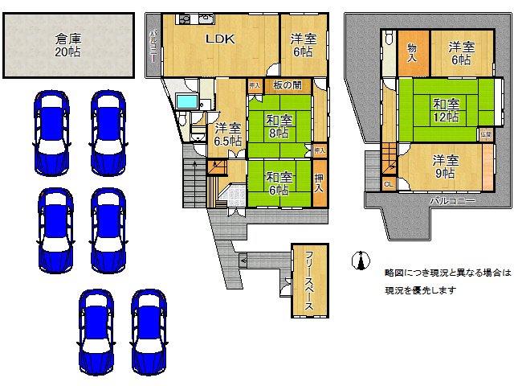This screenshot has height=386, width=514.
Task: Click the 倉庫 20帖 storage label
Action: [69, 45]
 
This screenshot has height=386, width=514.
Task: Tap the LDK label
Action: [220, 38]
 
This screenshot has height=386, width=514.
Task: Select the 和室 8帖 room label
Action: [279, 127]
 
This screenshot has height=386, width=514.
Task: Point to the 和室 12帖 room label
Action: [446, 109]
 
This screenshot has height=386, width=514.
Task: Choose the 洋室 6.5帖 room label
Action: [227, 133]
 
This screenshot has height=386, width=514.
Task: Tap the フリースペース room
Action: [309, 280]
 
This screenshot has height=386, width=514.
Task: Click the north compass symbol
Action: [359, 260]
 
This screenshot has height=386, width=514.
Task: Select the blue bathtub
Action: [188, 101]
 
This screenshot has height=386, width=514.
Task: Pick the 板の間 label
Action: [287, 85]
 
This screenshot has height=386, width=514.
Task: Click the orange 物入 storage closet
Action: [413, 54]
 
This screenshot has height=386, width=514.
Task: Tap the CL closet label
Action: [388, 185]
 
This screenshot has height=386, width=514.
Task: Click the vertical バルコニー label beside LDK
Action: [153, 46]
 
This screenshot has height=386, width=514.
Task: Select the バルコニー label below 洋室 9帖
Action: [451, 200]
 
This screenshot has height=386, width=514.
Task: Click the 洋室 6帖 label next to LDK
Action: [303, 44]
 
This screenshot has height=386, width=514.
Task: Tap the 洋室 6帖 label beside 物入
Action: [459, 52]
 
